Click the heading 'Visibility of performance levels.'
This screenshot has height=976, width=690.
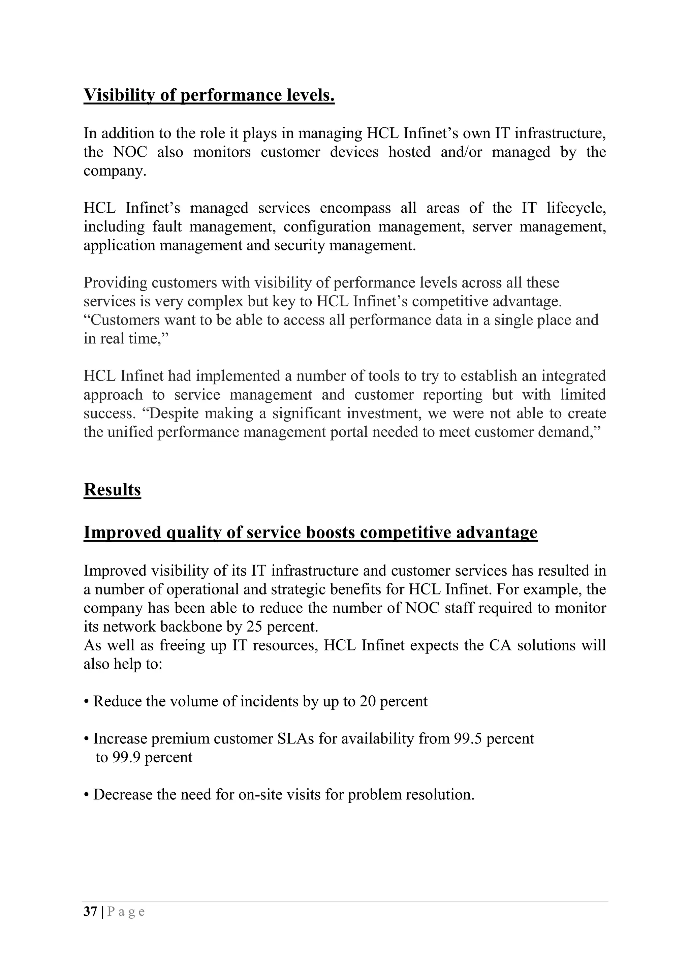tap(209, 95)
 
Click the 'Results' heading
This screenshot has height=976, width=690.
tap(112, 490)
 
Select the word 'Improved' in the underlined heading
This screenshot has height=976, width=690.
tap(122, 532)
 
